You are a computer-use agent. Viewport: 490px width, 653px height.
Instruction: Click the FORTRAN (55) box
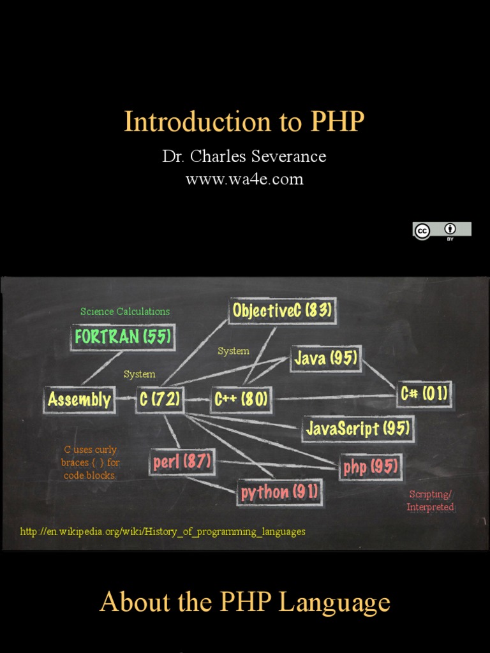(122, 337)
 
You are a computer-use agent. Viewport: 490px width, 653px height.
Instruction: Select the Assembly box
(79, 400)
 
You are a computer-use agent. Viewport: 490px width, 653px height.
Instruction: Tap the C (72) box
(160, 400)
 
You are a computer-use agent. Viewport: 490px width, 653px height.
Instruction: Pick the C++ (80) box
(241, 400)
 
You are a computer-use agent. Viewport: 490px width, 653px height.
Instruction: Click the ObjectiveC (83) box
(282, 311)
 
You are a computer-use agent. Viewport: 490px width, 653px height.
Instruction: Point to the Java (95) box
(325, 358)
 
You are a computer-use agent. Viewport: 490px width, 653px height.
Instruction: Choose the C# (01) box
(424, 393)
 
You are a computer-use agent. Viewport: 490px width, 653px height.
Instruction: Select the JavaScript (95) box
(357, 429)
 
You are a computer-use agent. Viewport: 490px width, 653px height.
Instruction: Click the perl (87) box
(182, 462)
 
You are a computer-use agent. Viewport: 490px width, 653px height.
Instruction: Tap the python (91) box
(279, 492)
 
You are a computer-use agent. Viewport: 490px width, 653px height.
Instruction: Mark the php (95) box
(371, 467)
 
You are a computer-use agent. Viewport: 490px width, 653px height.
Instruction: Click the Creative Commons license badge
(442, 230)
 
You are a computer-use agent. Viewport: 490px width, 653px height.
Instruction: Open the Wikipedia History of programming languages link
(163, 531)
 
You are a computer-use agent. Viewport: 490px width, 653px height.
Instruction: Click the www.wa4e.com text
(244, 179)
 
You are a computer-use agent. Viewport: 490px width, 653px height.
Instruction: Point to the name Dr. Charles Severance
(244, 157)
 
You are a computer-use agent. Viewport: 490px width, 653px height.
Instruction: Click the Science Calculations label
(125, 311)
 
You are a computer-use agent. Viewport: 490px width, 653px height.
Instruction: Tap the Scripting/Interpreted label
(431, 501)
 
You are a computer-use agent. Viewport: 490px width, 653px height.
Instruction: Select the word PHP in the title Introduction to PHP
(338, 122)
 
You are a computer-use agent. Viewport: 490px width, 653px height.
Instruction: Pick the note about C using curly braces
(90, 462)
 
